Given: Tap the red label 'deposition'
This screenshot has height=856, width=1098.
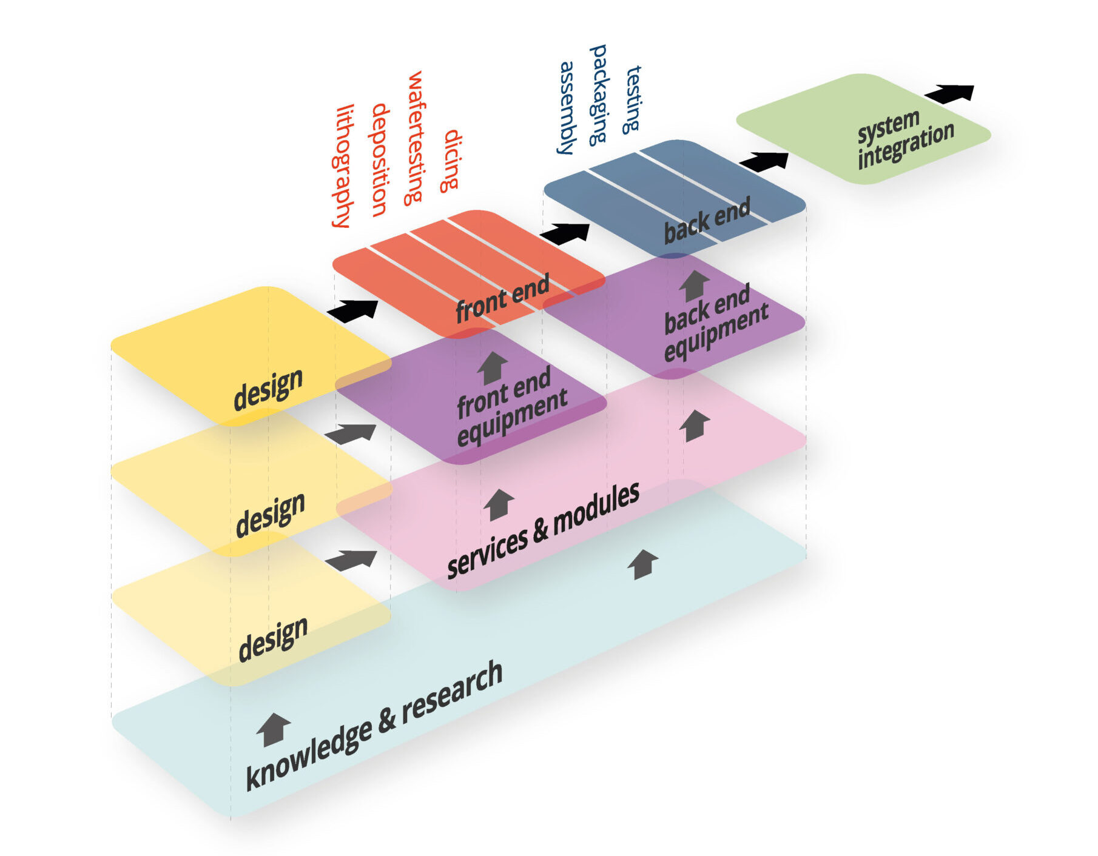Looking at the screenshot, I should pyautogui.click(x=380, y=160).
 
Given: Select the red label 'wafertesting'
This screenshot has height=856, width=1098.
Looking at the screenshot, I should pyautogui.click(x=415, y=138).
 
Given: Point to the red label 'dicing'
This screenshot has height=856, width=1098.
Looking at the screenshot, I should pyautogui.click(x=451, y=161).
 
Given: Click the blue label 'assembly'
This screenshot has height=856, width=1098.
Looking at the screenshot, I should pyautogui.click(x=567, y=107).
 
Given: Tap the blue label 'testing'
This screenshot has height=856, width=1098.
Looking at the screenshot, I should pyautogui.click(x=633, y=99).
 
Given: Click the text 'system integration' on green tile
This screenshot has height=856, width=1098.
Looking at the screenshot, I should pyautogui.click(x=904, y=139).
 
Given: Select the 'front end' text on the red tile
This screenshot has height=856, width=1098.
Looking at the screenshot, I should pyautogui.click(x=502, y=298).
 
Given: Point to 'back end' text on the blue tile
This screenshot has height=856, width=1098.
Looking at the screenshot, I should pyautogui.click(x=707, y=221).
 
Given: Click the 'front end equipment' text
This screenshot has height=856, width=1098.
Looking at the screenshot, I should pyautogui.click(x=511, y=405).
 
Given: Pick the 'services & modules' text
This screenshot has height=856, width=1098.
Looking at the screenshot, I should pyautogui.click(x=543, y=530).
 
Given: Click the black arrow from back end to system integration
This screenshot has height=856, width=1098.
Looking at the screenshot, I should pyautogui.click(x=764, y=161).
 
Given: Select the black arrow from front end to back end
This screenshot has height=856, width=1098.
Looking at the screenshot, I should pyautogui.click(x=565, y=233).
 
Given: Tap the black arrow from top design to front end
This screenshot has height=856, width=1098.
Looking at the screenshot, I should pyautogui.click(x=353, y=310).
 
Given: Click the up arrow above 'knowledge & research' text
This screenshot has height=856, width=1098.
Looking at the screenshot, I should pyautogui.click(x=273, y=729).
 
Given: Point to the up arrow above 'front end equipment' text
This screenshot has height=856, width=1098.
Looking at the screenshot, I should pyautogui.click(x=493, y=367).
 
